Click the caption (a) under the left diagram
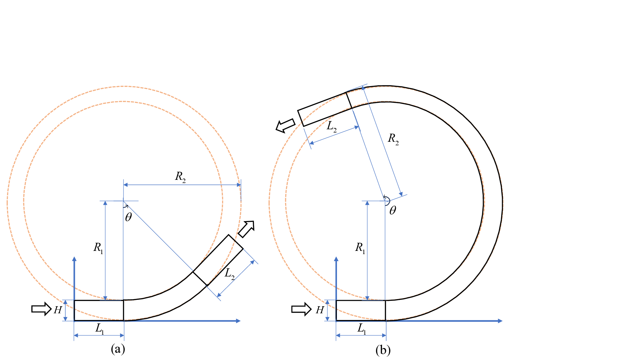[x=118, y=349]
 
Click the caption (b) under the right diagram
[x=383, y=350]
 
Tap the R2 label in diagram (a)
[x=180, y=177]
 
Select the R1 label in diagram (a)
[x=98, y=247]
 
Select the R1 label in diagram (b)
[x=360, y=247]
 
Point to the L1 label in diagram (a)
[x=100, y=328]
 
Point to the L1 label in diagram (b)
[x=362, y=328]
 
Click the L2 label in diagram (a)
[x=229, y=274]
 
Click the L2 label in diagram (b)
[x=332, y=127]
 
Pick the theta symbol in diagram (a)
[x=128, y=217]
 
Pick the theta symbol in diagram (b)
[x=393, y=210]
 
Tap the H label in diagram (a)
[x=58, y=310]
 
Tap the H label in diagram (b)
[x=320, y=310]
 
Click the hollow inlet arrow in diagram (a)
[x=41, y=309]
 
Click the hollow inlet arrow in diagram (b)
[x=301, y=309]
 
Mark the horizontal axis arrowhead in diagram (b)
[x=500, y=321]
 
